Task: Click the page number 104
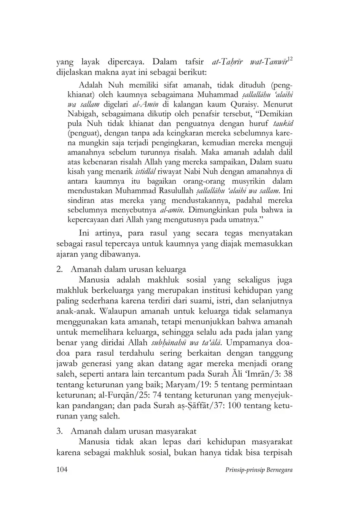pos(62,469)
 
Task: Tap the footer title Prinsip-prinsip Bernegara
pos(259,470)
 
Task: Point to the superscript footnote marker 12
pos(290,59)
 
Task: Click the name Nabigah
pos(81,114)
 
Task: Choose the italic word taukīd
pos(282,123)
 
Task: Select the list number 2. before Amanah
pos(60,269)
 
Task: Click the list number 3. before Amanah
pos(60,431)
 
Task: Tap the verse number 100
pos(235,406)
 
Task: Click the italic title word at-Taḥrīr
pos(227,62)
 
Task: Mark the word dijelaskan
pos(75,72)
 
